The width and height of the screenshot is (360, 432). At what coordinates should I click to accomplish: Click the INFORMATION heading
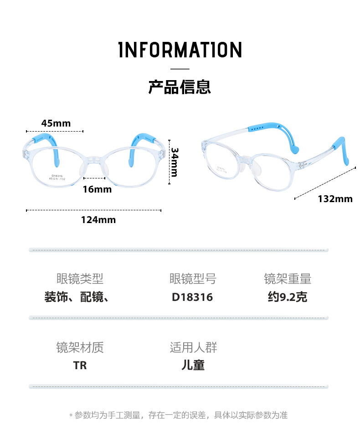[180, 50]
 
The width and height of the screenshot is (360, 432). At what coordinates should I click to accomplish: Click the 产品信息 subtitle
[180, 86]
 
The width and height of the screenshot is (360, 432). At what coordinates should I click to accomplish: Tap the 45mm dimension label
[56, 123]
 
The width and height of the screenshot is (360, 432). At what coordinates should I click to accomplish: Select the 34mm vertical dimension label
[174, 162]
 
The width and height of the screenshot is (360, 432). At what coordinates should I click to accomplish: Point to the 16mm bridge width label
[97, 189]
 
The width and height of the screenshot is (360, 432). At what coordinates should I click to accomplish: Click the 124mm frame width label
[98, 220]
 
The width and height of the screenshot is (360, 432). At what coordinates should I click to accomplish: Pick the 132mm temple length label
[335, 198]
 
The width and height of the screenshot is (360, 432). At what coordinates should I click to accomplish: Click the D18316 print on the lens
[57, 175]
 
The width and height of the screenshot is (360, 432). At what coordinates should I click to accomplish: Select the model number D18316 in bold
[192, 297]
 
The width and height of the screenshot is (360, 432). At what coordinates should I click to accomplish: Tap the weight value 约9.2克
[288, 297]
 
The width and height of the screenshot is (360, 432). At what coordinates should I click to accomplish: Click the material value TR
[80, 365]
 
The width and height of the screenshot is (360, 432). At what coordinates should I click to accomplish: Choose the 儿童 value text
[193, 365]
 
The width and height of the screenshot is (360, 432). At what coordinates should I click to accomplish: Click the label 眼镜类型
[80, 278]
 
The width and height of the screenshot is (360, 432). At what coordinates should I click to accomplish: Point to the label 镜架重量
[288, 278]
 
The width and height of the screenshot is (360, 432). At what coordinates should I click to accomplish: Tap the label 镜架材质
[80, 347]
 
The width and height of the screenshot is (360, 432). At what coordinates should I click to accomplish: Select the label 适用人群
[193, 347]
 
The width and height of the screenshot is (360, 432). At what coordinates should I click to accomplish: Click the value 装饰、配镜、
[76, 297]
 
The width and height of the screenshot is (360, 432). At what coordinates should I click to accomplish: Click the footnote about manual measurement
[180, 415]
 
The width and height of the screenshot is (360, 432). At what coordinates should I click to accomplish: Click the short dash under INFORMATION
[180, 69]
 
